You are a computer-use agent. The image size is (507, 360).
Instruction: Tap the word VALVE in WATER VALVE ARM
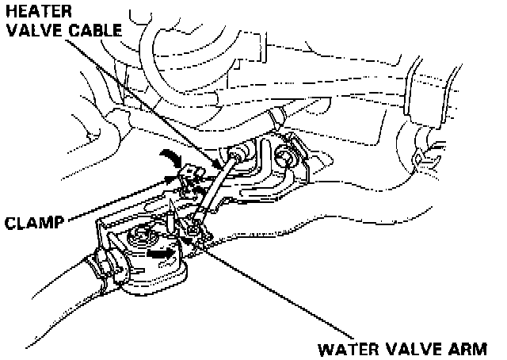420,349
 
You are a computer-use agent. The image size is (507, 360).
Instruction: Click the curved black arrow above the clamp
170,155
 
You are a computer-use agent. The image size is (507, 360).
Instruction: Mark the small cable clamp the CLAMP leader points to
187,178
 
